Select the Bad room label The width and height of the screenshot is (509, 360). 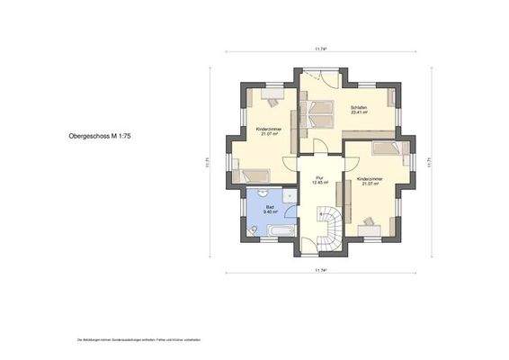pos(270,209)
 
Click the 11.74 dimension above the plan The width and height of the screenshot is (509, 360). pos(319,48)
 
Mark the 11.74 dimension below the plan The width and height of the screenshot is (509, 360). pos(319,270)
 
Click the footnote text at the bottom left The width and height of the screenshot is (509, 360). pos(138,340)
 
